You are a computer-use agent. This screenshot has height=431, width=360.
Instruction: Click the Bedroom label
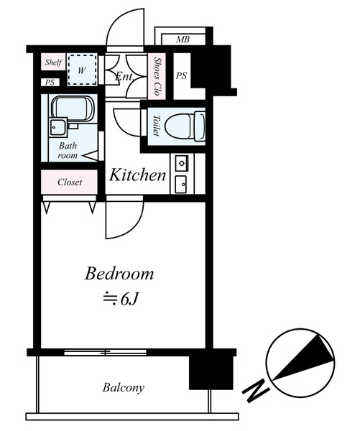(119, 274)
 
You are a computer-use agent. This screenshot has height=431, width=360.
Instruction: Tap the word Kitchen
(137, 175)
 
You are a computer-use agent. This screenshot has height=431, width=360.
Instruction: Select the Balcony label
(123, 388)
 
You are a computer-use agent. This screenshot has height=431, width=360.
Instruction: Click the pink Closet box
(69, 182)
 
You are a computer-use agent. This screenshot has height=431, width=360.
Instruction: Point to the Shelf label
(53, 62)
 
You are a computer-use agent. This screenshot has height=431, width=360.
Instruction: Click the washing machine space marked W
(82, 70)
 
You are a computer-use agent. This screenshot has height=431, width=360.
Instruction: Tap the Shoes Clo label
(157, 76)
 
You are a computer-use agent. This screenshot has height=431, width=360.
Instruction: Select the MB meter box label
(183, 40)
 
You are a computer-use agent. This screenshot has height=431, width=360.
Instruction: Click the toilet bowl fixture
(185, 126)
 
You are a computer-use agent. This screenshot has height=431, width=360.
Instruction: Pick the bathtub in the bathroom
(73, 109)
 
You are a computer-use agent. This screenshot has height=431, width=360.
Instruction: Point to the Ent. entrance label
(124, 76)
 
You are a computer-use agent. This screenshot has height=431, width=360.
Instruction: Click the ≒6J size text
(120, 299)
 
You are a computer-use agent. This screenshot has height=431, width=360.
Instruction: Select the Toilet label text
(156, 125)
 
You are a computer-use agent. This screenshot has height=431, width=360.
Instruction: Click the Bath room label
(68, 150)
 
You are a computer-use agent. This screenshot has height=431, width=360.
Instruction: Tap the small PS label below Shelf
(50, 82)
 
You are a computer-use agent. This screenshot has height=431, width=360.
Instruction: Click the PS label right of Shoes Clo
(181, 75)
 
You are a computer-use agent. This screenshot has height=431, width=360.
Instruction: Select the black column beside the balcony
(211, 372)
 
